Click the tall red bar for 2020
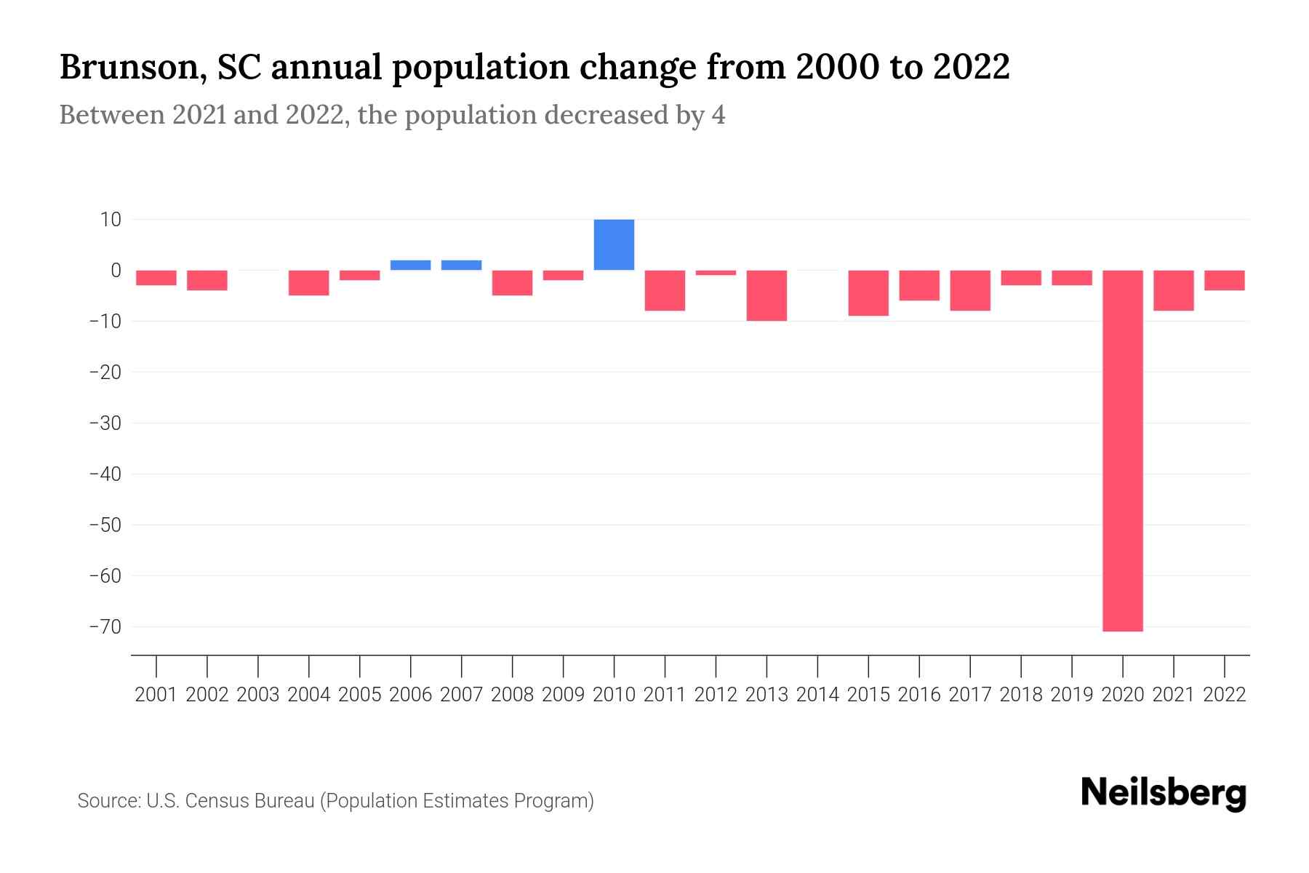point(1122,451)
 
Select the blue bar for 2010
point(614,244)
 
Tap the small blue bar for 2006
point(410,265)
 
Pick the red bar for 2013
point(766,295)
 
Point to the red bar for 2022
point(1224,280)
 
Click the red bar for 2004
point(308,282)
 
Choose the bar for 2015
point(868,292)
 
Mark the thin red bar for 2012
point(716,272)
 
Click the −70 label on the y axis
point(105,626)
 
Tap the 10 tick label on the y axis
point(111,219)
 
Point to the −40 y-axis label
point(105,474)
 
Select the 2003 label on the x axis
point(258,695)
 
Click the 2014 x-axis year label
point(817,695)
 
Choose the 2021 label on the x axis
point(1173,695)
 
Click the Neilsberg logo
point(1164,793)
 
